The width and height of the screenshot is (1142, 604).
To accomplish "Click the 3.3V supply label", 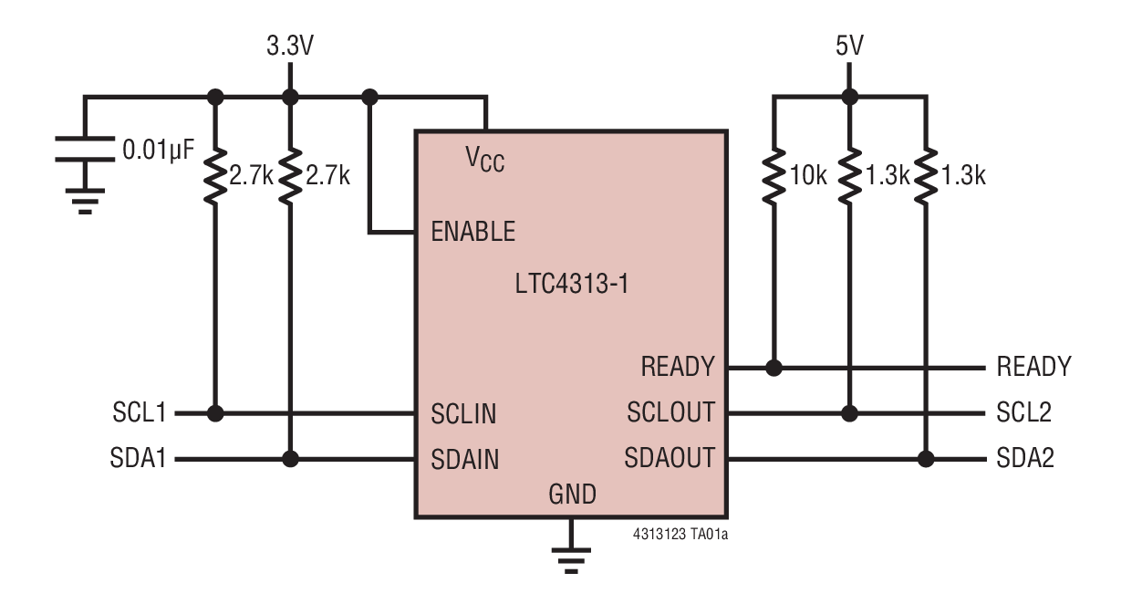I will (x=289, y=47).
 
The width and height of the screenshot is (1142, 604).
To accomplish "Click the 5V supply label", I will (x=848, y=47).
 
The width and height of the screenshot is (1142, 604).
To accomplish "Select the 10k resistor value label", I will (x=807, y=176).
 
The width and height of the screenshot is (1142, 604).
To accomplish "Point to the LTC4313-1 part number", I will (x=571, y=284).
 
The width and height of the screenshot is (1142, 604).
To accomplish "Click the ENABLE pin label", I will (x=472, y=232).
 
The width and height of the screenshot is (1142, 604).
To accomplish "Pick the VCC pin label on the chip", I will (x=484, y=160).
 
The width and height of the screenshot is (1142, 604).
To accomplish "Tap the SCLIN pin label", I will (x=463, y=414).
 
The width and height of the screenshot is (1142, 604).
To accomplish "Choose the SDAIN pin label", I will (x=465, y=459).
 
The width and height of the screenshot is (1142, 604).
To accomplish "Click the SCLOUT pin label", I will (x=670, y=413).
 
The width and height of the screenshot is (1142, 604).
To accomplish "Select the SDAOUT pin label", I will (x=670, y=458).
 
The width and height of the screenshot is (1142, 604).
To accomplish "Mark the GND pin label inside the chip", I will (x=572, y=495).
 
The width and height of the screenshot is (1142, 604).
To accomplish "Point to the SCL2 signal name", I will (x=1024, y=413).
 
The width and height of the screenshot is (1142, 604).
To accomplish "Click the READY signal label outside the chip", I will (x=1033, y=368).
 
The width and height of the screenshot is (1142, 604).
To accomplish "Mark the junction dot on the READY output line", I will (x=773, y=369).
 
